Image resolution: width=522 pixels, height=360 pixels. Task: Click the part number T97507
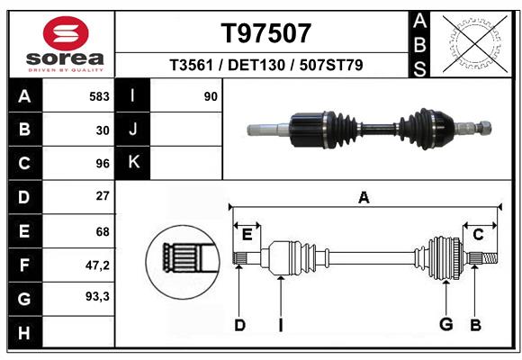point(266,33)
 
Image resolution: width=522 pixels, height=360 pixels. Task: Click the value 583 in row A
point(99,95)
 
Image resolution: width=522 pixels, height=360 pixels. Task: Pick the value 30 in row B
point(103,130)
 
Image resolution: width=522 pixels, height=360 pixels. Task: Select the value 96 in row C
point(103,164)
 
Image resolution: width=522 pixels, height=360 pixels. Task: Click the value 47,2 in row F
point(97,265)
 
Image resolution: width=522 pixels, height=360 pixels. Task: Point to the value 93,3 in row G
point(97,296)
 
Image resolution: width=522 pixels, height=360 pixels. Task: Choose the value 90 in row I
point(211,95)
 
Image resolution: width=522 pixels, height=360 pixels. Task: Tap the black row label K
point(133,163)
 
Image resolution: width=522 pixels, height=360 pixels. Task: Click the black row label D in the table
point(24,196)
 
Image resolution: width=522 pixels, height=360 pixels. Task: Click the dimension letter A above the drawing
point(364,197)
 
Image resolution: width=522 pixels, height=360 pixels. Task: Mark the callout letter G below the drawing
point(445,325)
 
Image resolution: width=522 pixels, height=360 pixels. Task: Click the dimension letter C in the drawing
point(479,234)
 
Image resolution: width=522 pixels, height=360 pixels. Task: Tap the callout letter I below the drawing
point(280,325)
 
